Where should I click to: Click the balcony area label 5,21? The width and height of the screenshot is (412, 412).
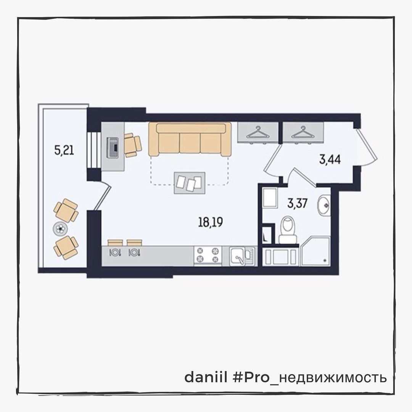[x=64, y=151]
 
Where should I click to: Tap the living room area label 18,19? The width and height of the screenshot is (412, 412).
[x=211, y=222]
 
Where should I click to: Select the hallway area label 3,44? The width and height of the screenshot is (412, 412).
[x=330, y=159]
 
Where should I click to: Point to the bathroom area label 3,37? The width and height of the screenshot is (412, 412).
[x=298, y=203]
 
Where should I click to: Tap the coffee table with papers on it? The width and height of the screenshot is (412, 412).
[x=190, y=183]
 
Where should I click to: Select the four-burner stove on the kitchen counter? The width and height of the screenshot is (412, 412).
[x=208, y=255]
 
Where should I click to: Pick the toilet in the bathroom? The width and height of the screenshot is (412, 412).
[x=288, y=230]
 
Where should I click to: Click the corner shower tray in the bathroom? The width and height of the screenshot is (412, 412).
[x=315, y=251]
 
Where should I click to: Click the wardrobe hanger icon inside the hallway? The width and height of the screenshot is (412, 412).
[x=303, y=133]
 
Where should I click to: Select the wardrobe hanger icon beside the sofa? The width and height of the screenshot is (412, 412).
[x=258, y=133]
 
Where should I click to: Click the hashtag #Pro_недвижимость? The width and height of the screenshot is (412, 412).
[x=310, y=378]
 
